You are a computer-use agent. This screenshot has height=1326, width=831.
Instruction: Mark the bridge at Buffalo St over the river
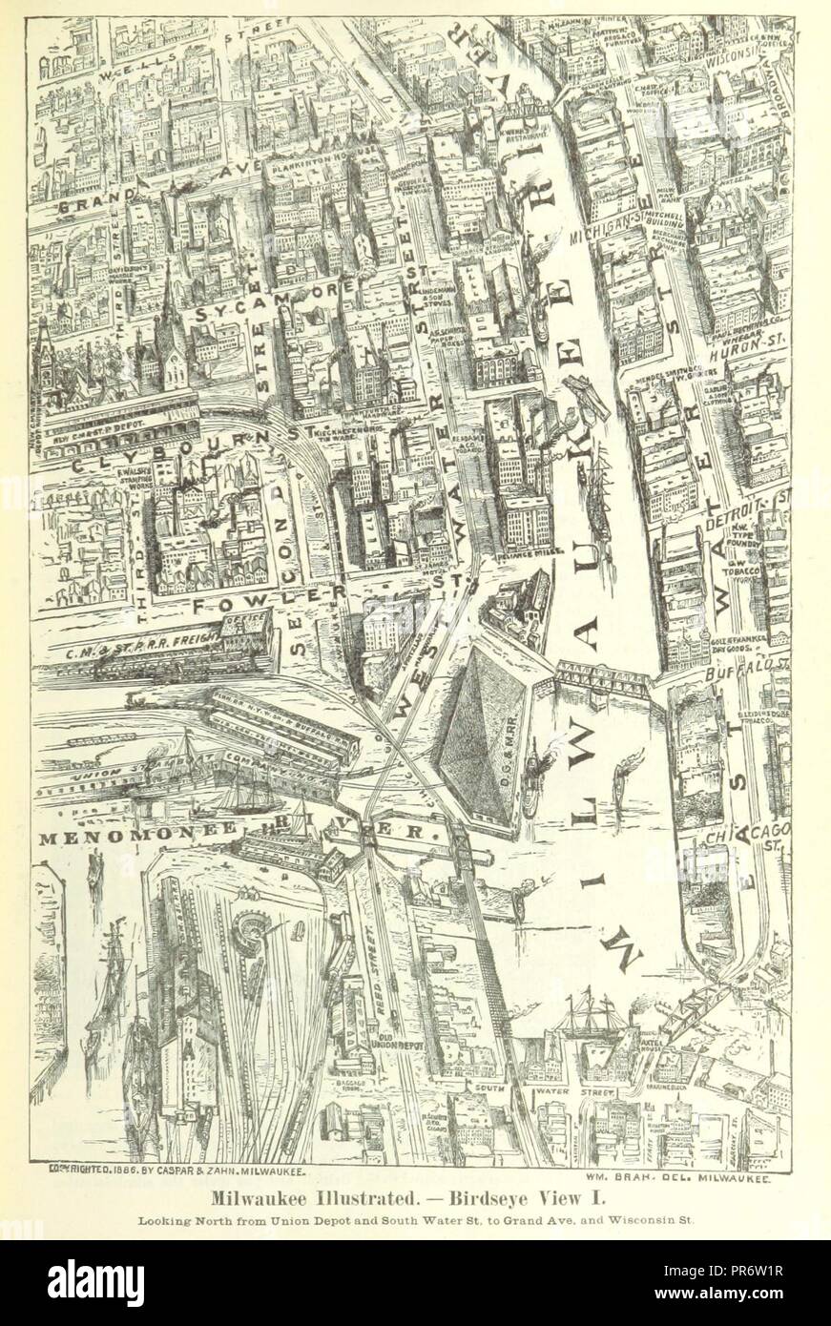[x=601, y=679]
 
